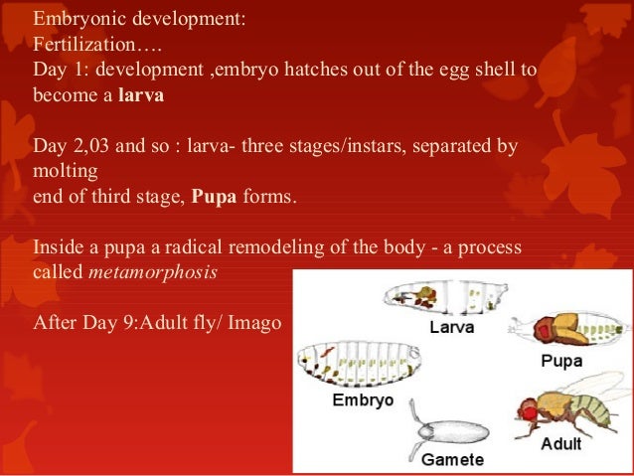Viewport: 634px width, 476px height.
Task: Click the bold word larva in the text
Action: [140, 96]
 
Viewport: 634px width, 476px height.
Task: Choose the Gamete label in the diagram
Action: [452, 459]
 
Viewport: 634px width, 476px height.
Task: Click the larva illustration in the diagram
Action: [442, 296]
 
